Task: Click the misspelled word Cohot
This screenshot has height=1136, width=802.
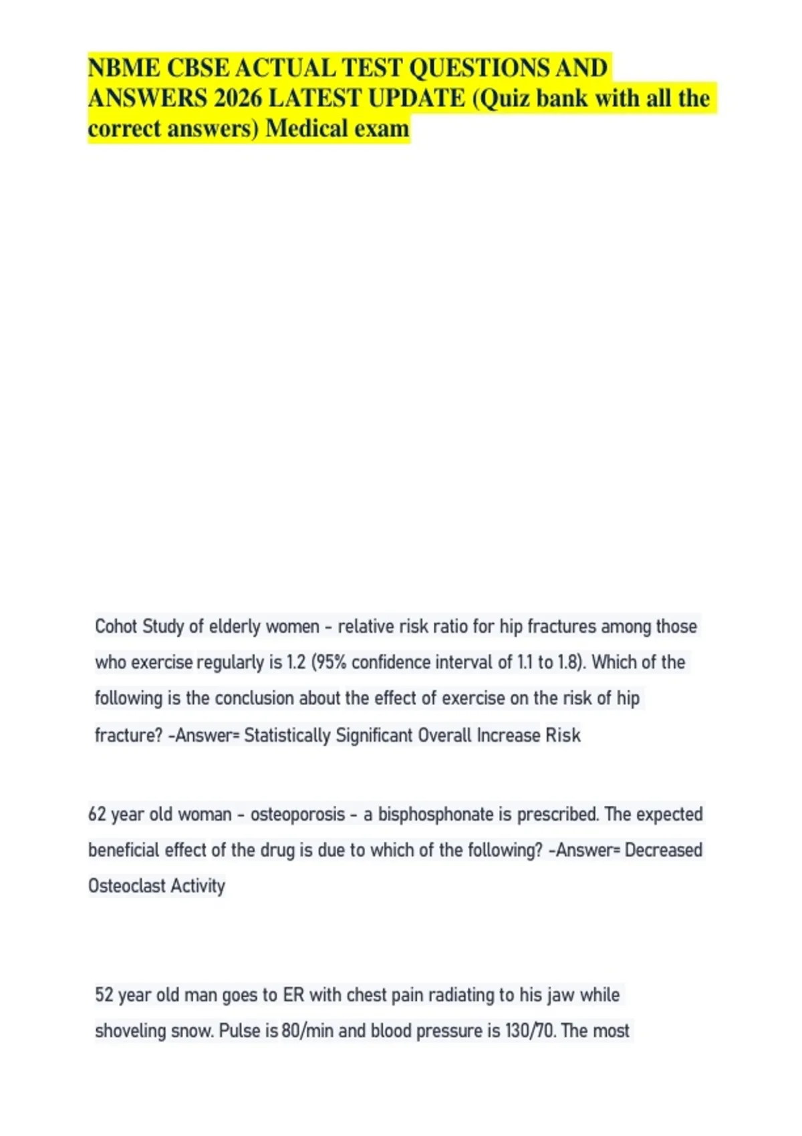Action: (x=116, y=626)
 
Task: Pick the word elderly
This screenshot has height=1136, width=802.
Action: (x=234, y=626)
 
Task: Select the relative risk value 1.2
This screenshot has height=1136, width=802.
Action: (x=296, y=662)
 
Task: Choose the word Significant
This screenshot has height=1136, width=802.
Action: (x=374, y=735)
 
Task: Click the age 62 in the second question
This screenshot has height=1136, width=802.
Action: (x=98, y=814)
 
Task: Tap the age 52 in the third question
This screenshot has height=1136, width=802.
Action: (x=104, y=995)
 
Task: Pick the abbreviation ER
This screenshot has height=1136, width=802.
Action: (x=293, y=995)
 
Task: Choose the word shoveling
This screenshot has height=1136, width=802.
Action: (x=130, y=1031)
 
